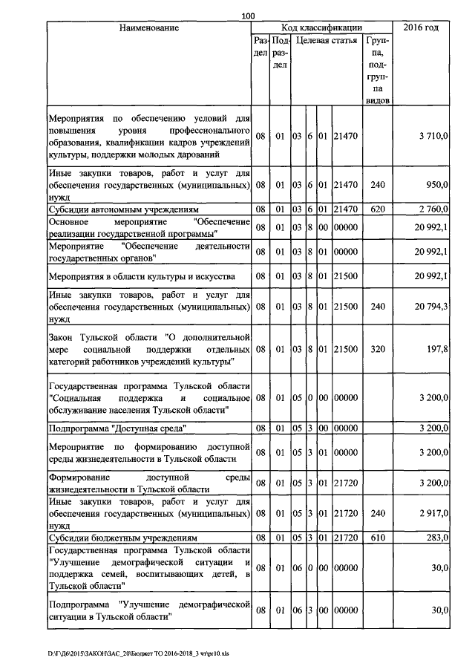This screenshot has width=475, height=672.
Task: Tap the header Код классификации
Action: point(321,27)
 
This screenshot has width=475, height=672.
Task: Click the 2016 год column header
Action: point(420,27)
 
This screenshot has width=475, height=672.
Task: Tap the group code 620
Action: point(377,209)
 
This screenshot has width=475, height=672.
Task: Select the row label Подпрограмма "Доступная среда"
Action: point(117,428)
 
